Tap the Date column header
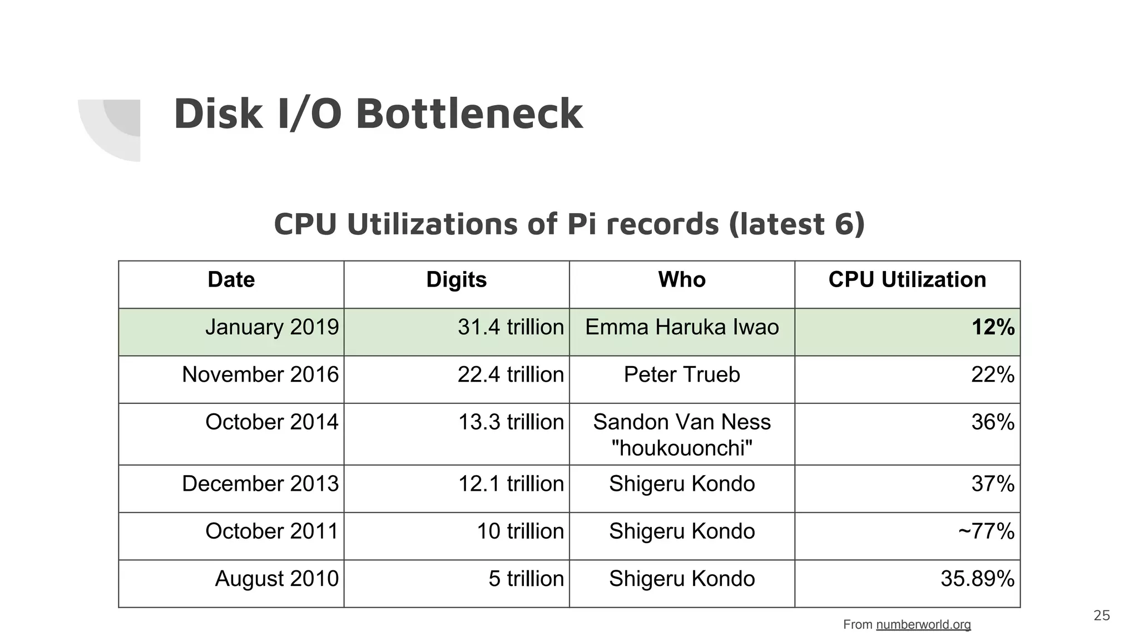point(231,280)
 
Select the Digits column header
point(456,280)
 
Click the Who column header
point(682,280)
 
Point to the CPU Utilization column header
point(907,280)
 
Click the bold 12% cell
point(993,327)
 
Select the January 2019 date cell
point(272,327)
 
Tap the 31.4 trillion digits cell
point(511,327)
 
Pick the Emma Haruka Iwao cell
point(682,327)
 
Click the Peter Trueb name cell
point(682,374)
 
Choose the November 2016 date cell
point(260,374)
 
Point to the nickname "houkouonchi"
point(682,448)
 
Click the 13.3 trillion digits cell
point(511,422)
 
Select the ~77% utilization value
point(986,531)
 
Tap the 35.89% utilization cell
point(977,579)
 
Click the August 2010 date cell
point(276,579)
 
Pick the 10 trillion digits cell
point(520,531)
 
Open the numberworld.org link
point(923,624)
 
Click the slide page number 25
point(1101,615)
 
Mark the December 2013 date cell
point(260,484)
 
